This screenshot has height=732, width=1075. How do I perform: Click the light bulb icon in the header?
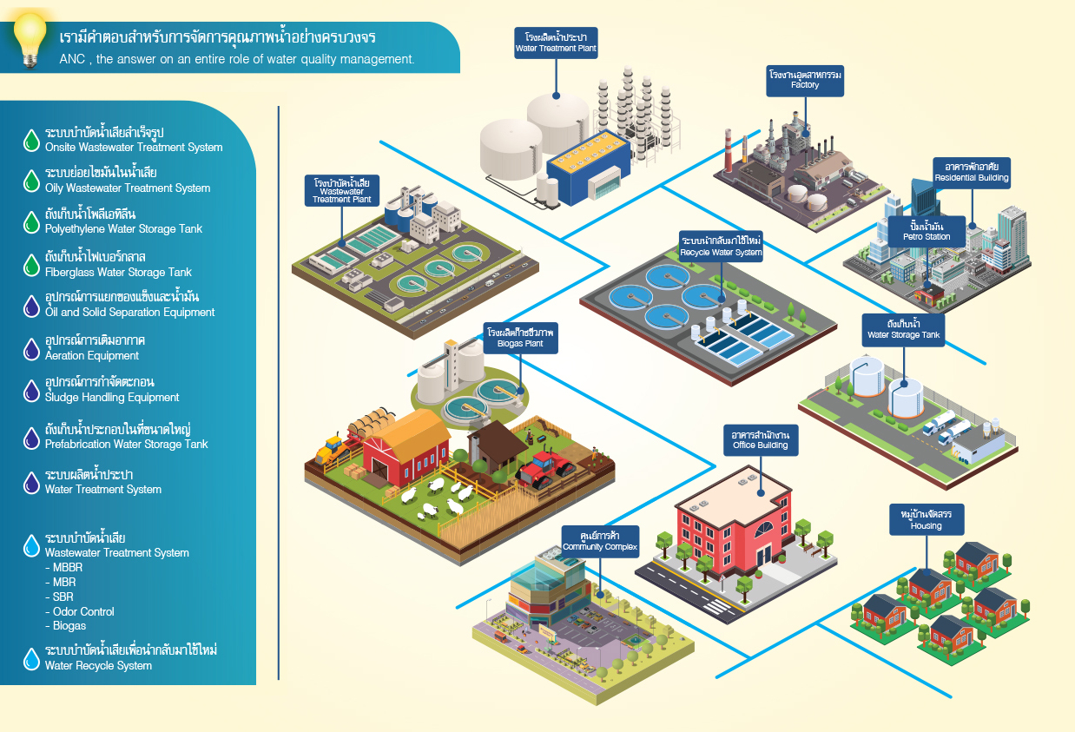[x=30, y=38]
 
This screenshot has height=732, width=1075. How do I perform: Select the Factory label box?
[x=805, y=80]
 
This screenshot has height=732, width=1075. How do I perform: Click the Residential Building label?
[x=971, y=171]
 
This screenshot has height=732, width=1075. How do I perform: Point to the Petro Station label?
[x=926, y=231]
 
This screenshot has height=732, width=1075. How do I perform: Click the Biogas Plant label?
[x=521, y=338]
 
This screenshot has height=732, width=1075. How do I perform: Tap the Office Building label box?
[x=760, y=439]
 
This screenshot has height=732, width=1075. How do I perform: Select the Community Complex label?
[x=600, y=541]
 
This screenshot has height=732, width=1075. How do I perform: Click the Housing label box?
[x=926, y=519]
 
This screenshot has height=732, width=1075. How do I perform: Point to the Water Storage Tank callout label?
[x=904, y=328]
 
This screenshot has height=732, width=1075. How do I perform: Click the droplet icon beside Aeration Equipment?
[x=31, y=349]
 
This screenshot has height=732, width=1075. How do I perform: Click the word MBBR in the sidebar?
[x=68, y=567]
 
